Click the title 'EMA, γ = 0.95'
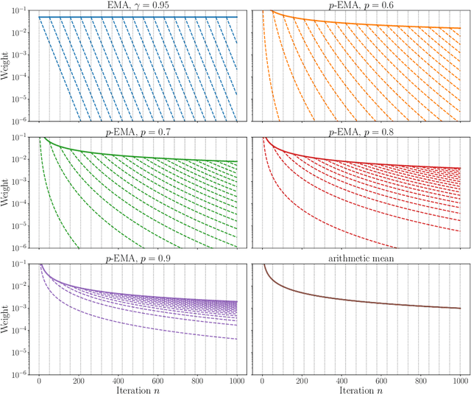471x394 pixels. coord(139,5)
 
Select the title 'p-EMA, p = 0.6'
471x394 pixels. coord(362,5)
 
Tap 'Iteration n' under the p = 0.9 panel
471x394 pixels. coord(139,388)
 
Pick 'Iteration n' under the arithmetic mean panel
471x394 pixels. coord(362,388)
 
